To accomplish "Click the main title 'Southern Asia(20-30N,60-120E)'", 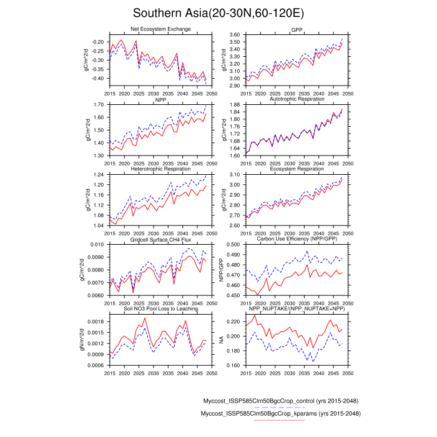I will pyautogui.click(x=219, y=13).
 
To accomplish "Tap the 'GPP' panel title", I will pyautogui.click(x=297, y=29).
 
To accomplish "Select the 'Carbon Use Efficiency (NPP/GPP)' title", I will pyautogui.click(x=297, y=239).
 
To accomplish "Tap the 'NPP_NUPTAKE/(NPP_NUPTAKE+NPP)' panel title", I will pyautogui.click(x=297, y=309).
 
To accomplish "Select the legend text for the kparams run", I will pyautogui.click(x=279, y=413).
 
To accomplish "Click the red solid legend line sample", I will pyautogui.click(x=279, y=421).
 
